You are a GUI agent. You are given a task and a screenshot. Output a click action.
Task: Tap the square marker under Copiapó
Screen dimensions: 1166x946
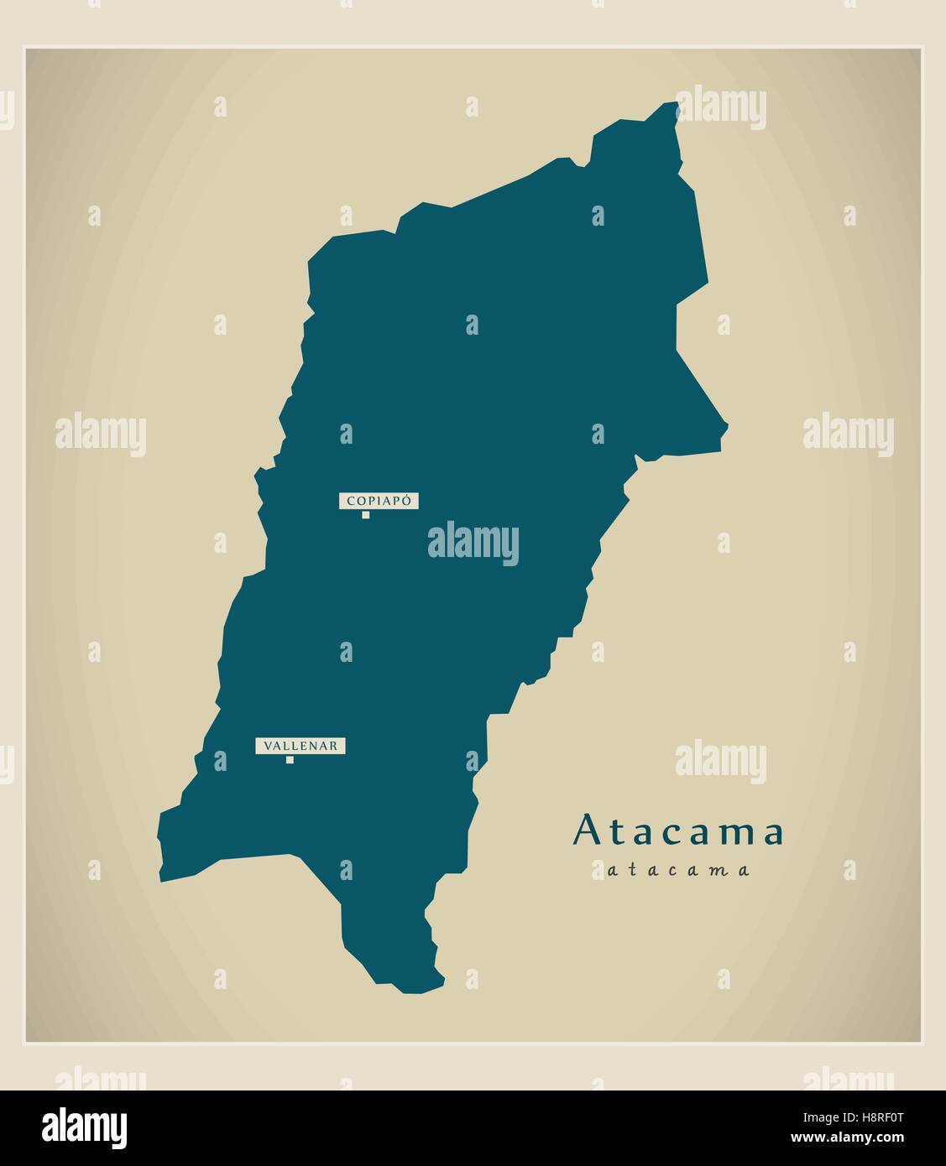coord(365,515)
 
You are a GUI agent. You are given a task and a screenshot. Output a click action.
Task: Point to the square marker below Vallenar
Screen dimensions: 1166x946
coord(290,760)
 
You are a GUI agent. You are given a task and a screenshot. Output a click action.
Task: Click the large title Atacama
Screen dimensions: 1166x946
coord(678,831)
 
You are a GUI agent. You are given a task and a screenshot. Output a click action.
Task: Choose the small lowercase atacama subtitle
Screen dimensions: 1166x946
coord(677,870)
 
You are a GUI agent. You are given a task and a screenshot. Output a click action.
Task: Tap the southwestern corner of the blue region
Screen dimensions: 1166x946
coord(161,880)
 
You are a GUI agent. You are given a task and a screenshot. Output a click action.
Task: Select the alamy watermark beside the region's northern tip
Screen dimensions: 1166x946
coord(720,107)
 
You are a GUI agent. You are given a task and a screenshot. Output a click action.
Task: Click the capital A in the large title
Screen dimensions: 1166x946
coord(586,831)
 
